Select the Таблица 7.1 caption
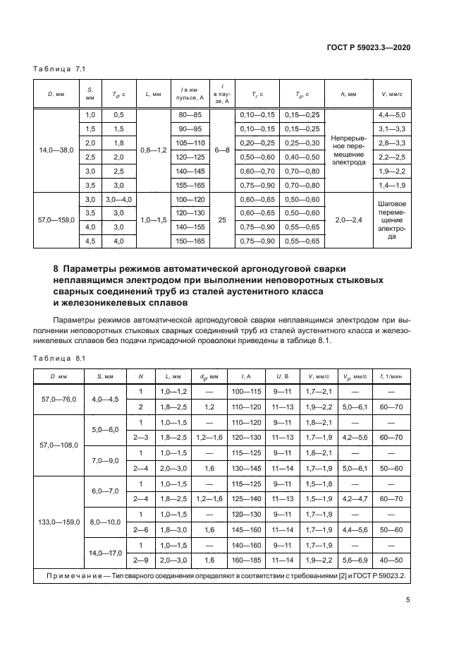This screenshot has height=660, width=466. (60, 69)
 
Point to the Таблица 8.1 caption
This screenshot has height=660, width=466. (60, 358)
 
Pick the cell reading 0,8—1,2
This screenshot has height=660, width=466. (153, 150)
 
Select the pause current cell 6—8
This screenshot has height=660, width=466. (222, 150)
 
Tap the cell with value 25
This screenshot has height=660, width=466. (222, 220)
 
